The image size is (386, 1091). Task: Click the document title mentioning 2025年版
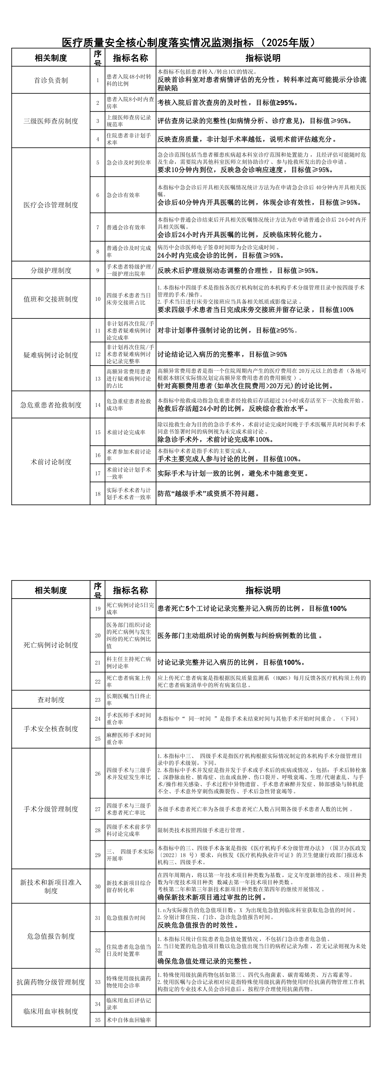click(x=189, y=42)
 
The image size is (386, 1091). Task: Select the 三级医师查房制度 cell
click(x=51, y=121)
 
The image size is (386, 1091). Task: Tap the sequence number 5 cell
click(x=98, y=163)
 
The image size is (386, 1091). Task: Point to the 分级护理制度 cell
click(x=51, y=270)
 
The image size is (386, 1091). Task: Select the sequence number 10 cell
click(x=98, y=299)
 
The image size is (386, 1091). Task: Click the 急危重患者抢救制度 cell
click(x=51, y=405)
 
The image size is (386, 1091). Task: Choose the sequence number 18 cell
click(x=98, y=494)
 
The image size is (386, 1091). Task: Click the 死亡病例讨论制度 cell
click(x=51, y=645)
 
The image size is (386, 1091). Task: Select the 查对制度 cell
click(x=51, y=700)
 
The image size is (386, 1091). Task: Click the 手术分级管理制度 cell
click(x=51, y=809)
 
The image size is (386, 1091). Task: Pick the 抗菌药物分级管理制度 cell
click(x=51, y=982)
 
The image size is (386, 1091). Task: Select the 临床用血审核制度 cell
click(x=51, y=1011)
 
